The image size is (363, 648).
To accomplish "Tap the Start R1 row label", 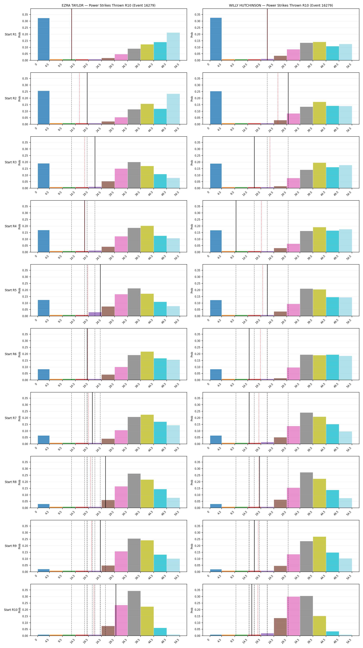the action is pyautogui.click(x=11, y=34).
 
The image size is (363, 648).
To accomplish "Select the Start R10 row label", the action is pyautogui.click(x=11, y=610).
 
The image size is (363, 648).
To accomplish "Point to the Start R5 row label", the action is pyautogui.click(x=11, y=290).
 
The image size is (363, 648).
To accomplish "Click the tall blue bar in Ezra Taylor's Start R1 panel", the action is pyautogui.click(x=44, y=39).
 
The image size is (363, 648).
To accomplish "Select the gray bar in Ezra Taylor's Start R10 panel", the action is pyautogui.click(x=134, y=613).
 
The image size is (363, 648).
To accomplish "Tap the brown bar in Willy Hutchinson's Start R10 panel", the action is pyautogui.click(x=280, y=627).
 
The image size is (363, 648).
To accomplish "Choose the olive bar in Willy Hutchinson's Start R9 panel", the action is pyautogui.click(x=319, y=554).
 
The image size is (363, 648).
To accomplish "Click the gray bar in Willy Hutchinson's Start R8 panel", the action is pyautogui.click(x=306, y=490).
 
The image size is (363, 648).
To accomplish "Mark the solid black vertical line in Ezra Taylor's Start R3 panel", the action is pyautogui.click(x=95, y=162).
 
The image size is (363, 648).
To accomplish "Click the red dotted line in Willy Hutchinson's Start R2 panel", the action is pyautogui.click(x=278, y=98).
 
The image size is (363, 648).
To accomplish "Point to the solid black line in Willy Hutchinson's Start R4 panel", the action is pyautogui.click(x=236, y=226).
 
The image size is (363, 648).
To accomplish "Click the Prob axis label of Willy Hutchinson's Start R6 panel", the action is pyautogui.click(x=192, y=354).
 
